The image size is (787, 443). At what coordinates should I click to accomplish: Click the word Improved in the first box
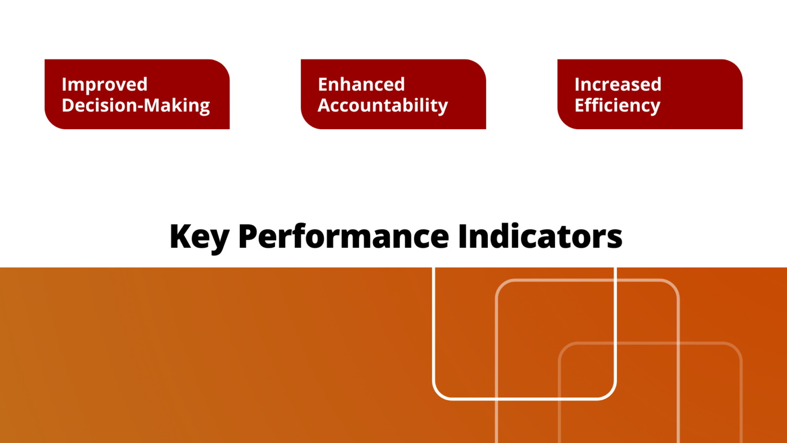tap(105, 85)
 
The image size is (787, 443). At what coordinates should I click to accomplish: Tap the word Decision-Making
tap(136, 106)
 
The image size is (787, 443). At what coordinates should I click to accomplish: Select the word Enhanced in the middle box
tap(361, 85)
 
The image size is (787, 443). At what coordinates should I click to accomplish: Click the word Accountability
tap(383, 106)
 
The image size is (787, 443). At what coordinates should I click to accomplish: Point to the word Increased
tap(618, 85)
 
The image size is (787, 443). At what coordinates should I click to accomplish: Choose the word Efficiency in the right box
tap(617, 106)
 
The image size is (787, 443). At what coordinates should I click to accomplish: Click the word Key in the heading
tap(199, 237)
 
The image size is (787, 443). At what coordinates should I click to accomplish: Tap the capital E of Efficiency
tap(579, 105)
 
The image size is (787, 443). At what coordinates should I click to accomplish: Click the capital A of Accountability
tap(324, 105)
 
